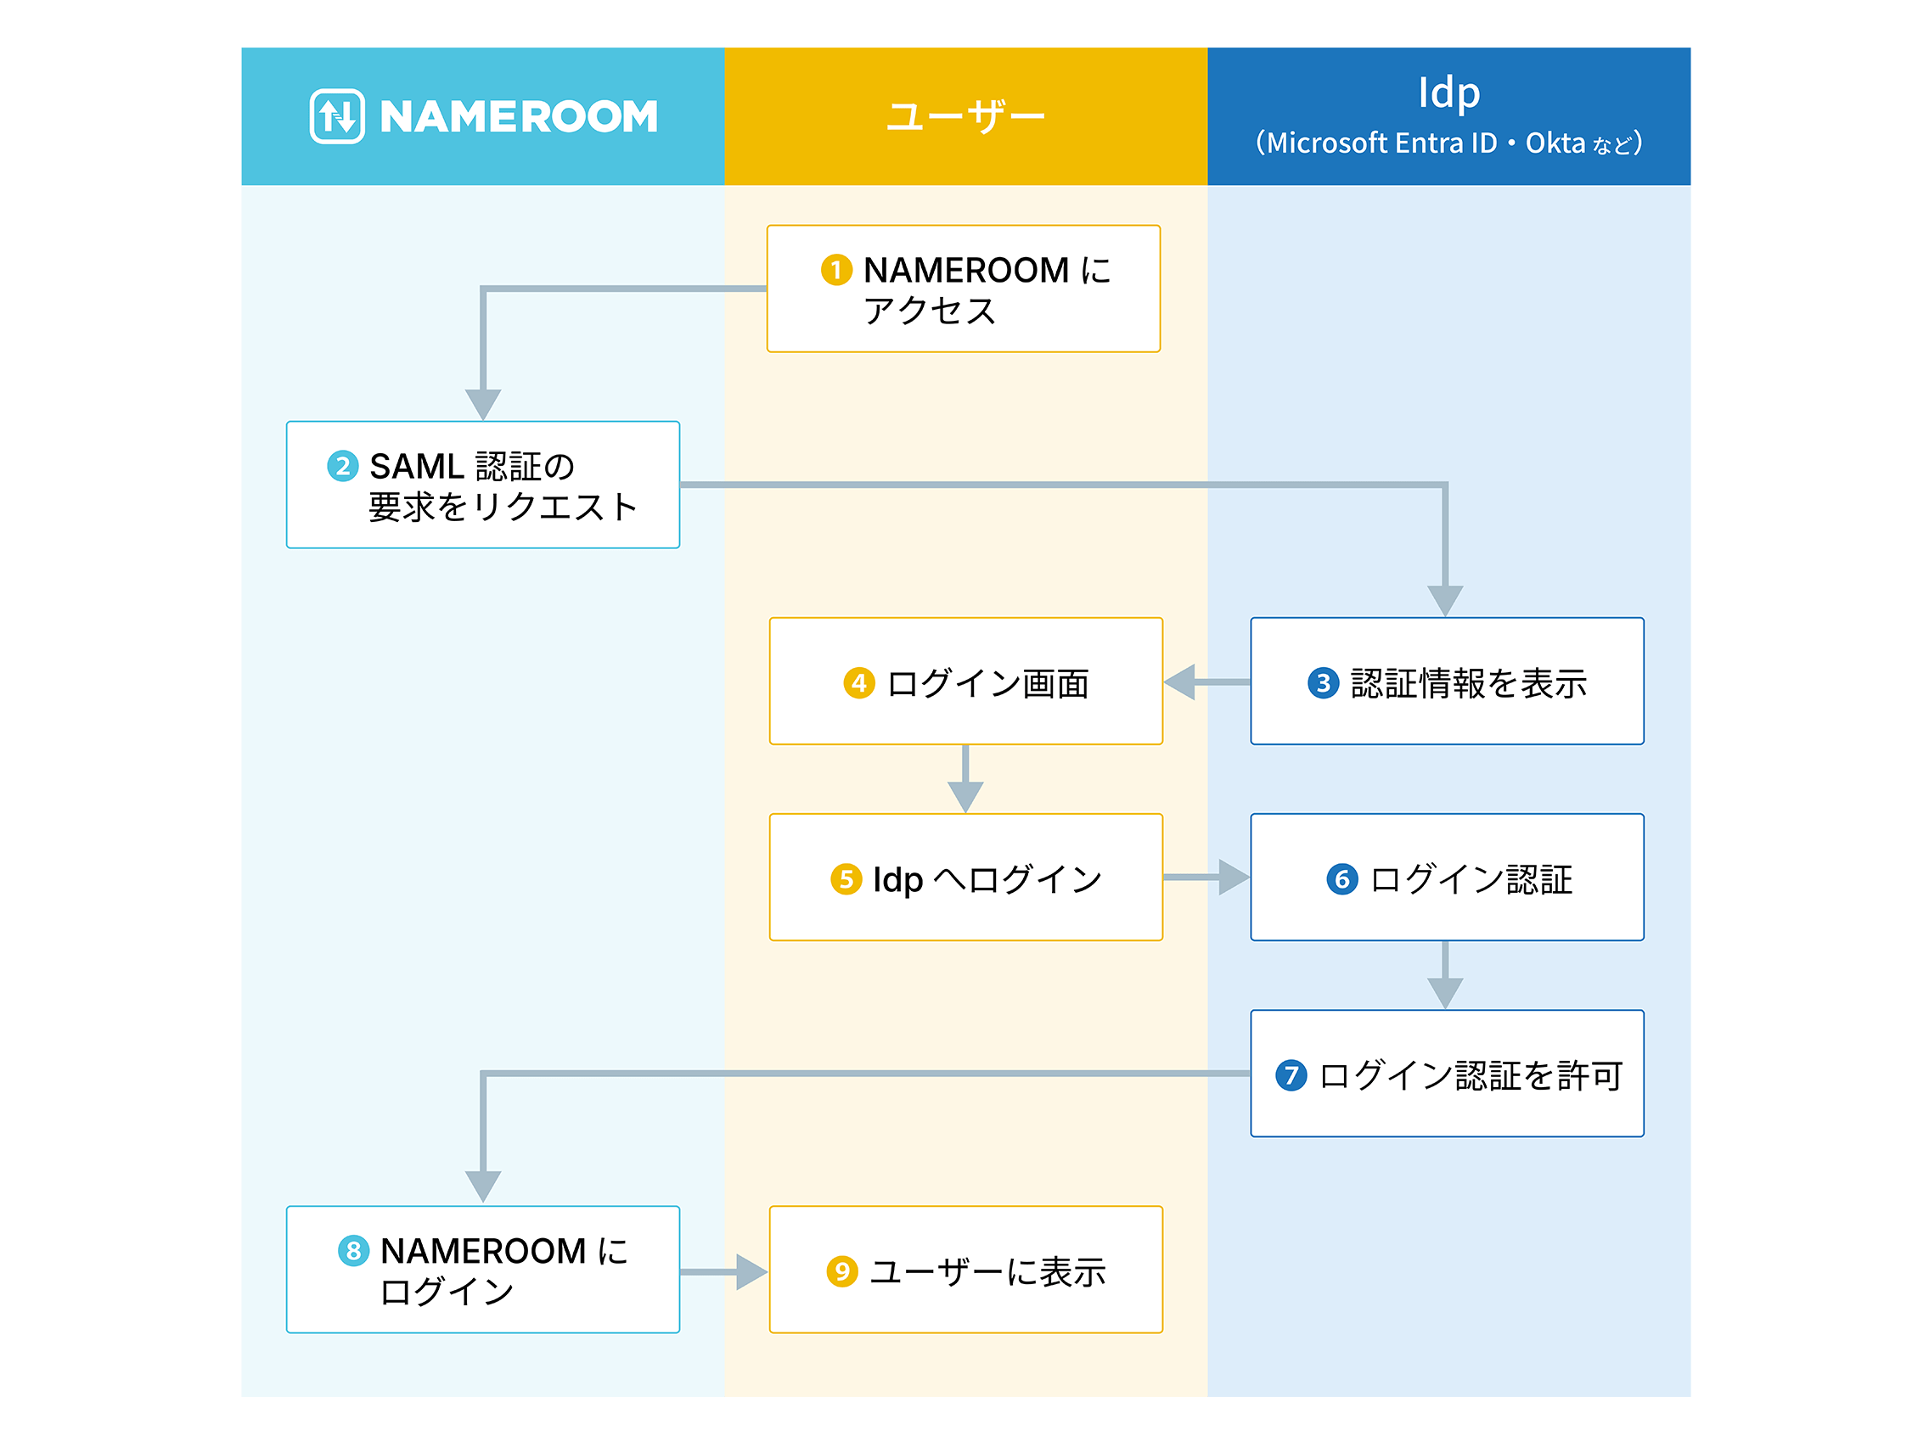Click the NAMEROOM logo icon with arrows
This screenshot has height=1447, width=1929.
click(x=336, y=116)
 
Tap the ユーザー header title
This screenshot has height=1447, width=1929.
click(x=965, y=116)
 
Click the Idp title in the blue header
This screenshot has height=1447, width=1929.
click(x=1448, y=93)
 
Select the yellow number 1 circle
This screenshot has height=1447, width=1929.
click(x=836, y=270)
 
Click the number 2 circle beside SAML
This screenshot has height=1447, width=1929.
click(x=343, y=467)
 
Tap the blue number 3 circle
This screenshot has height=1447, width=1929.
click(x=1323, y=682)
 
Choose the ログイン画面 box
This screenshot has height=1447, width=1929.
click(x=965, y=681)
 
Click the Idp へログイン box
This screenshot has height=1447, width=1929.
click(x=965, y=878)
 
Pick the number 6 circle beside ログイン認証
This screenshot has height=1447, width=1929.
click(x=1342, y=878)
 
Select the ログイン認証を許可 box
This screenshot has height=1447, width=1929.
click(x=1447, y=1074)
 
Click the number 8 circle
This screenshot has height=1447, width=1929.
click(x=353, y=1251)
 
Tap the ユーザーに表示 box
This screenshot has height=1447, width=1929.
click(x=965, y=1270)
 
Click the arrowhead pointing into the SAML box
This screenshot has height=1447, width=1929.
click(x=483, y=404)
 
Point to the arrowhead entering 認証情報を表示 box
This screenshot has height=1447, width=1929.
click(x=1445, y=600)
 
